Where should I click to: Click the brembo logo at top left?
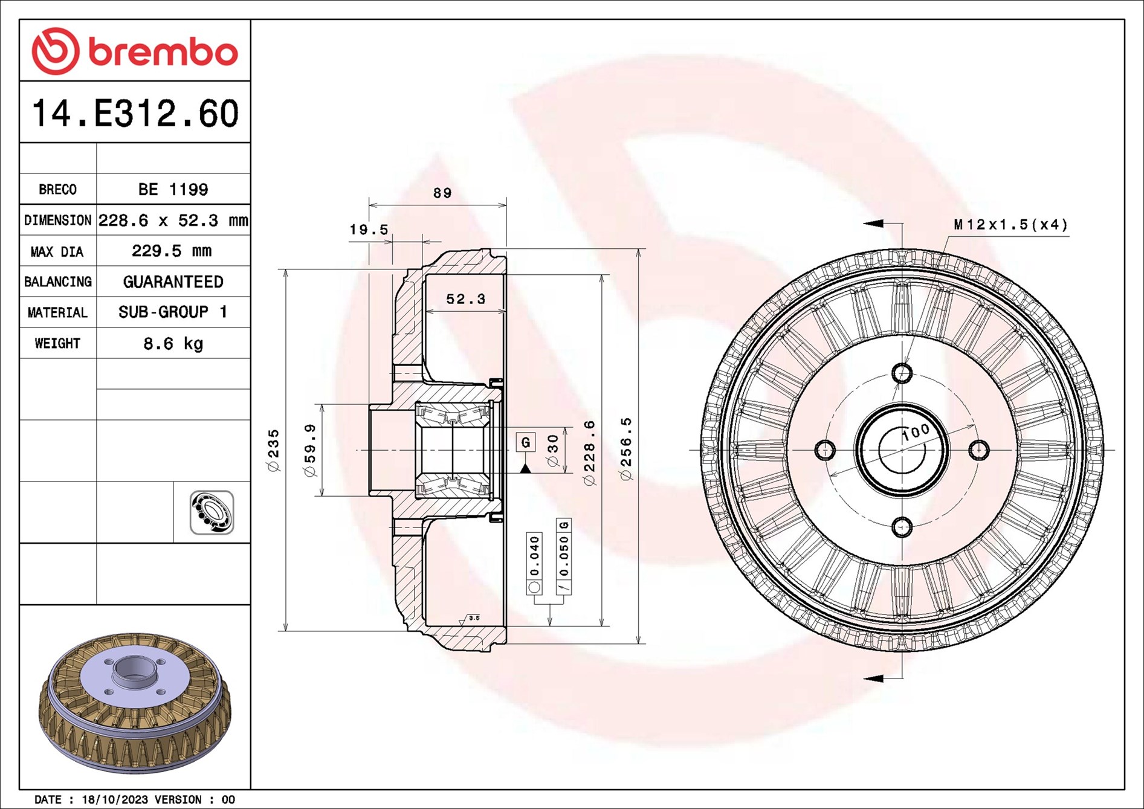tap(134, 51)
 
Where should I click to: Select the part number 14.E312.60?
tap(135, 113)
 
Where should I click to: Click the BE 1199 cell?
tap(173, 190)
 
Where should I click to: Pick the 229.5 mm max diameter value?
tap(172, 251)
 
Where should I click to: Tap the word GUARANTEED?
tap(173, 282)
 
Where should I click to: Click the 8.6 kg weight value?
tap(173, 344)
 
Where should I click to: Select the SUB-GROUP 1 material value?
tap(173, 312)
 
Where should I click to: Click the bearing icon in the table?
tap(212, 512)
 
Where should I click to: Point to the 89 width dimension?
tap(442, 193)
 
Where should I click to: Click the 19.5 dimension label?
tap(369, 230)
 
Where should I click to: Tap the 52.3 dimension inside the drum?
tap(465, 299)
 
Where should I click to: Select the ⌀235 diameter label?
tap(274, 450)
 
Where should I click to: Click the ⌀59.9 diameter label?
tap(310, 450)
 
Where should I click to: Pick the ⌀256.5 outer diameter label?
tap(626, 449)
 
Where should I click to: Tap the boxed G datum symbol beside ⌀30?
tap(525, 442)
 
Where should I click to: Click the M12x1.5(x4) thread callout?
tap(1010, 225)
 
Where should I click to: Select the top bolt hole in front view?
tap(902, 373)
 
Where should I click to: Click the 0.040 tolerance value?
tap(534, 556)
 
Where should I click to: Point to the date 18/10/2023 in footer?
tap(115, 799)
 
